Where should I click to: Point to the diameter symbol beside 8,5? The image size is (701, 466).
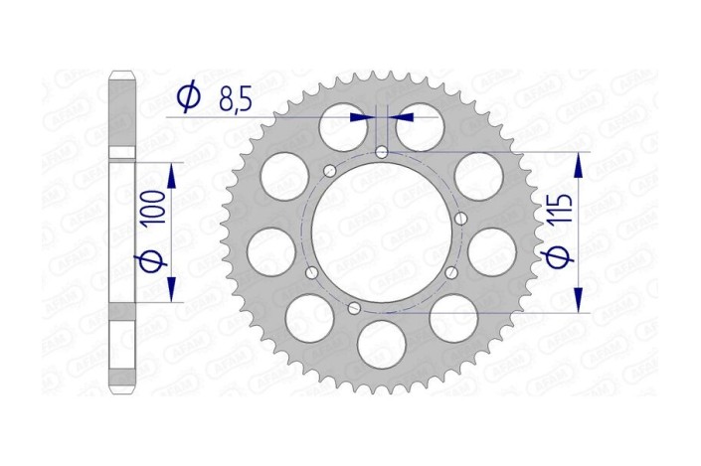click(188, 96)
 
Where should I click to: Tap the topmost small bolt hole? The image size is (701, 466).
click(382, 151)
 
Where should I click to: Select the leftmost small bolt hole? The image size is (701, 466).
click(311, 273)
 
